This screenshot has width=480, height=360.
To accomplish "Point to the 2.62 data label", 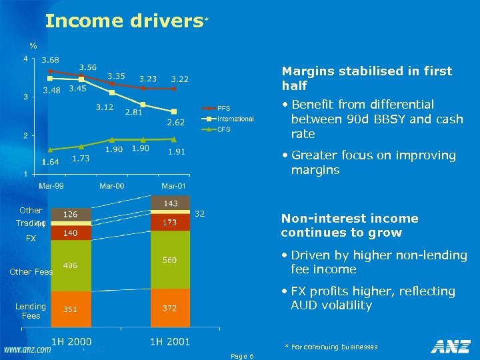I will click(175, 123).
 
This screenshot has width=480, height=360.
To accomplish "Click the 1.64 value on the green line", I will click(51, 161).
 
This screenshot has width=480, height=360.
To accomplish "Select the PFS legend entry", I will click(223, 109).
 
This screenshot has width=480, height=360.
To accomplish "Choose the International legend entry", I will click(235, 119).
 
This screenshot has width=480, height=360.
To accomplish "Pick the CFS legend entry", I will click(223, 129).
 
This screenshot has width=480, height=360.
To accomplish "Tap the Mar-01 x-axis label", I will click(173, 185).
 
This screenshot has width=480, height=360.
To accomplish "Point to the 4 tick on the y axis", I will click(25, 59).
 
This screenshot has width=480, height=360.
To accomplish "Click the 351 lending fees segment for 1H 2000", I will click(70, 309).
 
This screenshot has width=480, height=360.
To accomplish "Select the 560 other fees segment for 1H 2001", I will click(169, 260).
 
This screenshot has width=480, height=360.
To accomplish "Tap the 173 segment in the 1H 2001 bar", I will click(169, 223).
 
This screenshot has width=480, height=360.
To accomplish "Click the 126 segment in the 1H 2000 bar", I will click(70, 215).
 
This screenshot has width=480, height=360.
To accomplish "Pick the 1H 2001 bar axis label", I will click(169, 342).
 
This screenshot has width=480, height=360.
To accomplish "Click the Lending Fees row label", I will click(31, 311).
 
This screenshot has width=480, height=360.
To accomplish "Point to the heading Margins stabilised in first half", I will click(367, 78).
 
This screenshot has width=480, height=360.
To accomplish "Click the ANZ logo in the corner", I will click(451, 346).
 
